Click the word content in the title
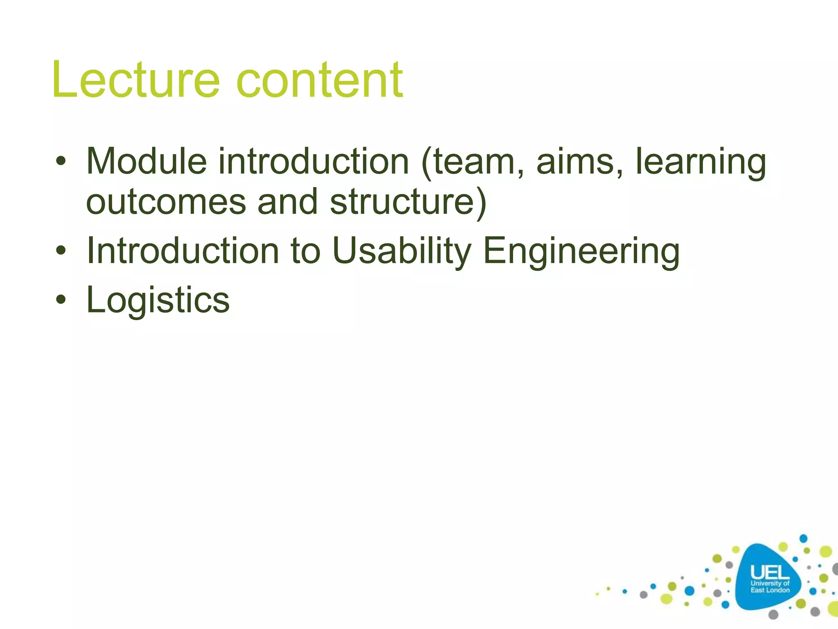[320, 80]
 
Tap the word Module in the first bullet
[146, 161]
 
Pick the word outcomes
[166, 202]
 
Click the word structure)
[408, 202]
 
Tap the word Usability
[401, 251]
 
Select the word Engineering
[581, 252]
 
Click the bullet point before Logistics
[61, 300]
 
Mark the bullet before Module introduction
[61, 161]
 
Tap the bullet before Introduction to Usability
[61, 251]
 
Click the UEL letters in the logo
[770, 572]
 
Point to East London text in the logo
[770, 590]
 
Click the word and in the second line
[288, 202]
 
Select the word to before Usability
[305, 251]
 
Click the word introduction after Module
[313, 161]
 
